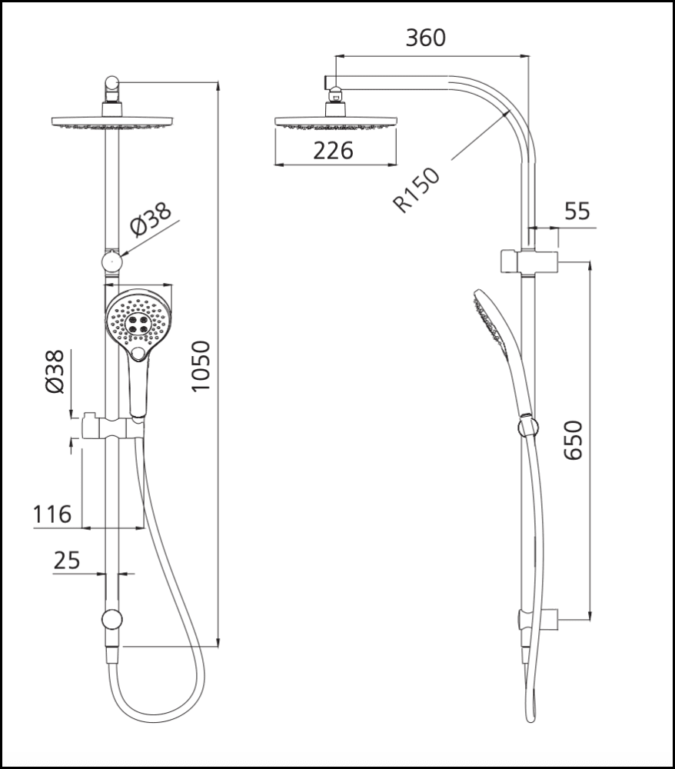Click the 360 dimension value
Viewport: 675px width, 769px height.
point(426,38)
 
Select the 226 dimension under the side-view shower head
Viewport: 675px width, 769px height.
point(334,151)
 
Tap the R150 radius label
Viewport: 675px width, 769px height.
point(416,190)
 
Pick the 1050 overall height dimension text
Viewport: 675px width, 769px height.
point(201,366)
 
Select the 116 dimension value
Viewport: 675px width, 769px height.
point(52,514)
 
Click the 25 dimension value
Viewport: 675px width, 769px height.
point(67,561)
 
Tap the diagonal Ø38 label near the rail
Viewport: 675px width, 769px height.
point(151,221)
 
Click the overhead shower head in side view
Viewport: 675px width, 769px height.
point(335,123)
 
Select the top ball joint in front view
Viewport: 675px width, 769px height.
point(112,84)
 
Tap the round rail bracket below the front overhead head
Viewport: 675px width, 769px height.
point(113,261)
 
